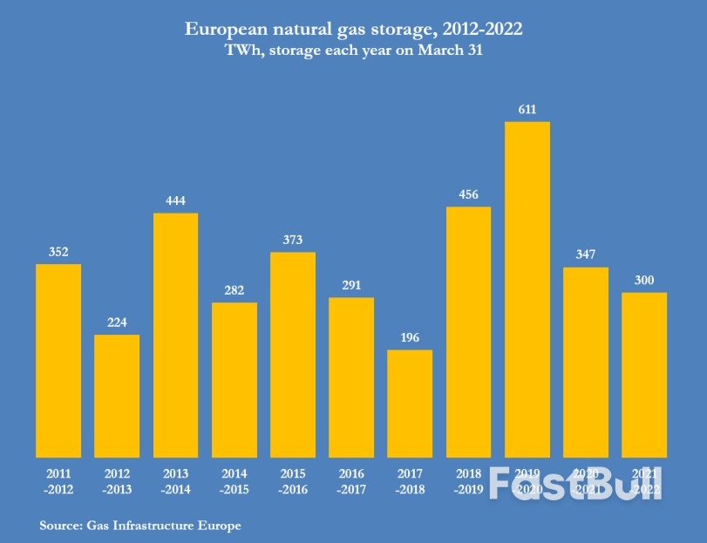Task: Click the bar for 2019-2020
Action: tap(527, 289)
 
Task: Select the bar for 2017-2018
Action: tap(410, 404)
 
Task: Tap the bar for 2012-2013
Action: tap(117, 396)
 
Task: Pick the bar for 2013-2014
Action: tap(175, 335)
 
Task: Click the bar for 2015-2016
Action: tap(293, 355)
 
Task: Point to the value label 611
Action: tap(527, 110)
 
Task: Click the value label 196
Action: tap(410, 338)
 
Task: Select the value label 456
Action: tap(468, 194)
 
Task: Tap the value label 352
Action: tap(58, 252)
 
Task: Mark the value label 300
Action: tap(644, 280)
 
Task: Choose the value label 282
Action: tap(234, 290)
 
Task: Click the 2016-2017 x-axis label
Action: tap(351, 480)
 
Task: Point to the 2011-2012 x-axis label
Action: tap(58, 480)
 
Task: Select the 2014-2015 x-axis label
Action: tap(234, 480)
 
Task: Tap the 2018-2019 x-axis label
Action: tap(468, 480)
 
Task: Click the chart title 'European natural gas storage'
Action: tap(354, 30)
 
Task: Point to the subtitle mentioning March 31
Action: tap(354, 51)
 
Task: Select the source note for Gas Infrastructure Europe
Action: tap(139, 526)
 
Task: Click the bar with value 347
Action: tap(586, 362)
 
